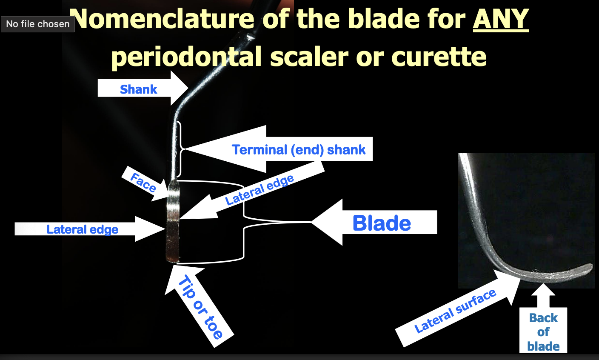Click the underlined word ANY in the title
click(501, 19)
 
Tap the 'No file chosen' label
click(37, 24)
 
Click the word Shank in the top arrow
click(138, 89)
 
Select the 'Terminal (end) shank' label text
click(298, 150)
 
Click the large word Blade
click(382, 223)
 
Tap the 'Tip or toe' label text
click(200, 307)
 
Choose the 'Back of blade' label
click(543, 332)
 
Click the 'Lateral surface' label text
click(455, 311)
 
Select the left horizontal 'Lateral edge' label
click(82, 230)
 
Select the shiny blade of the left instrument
click(173, 221)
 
